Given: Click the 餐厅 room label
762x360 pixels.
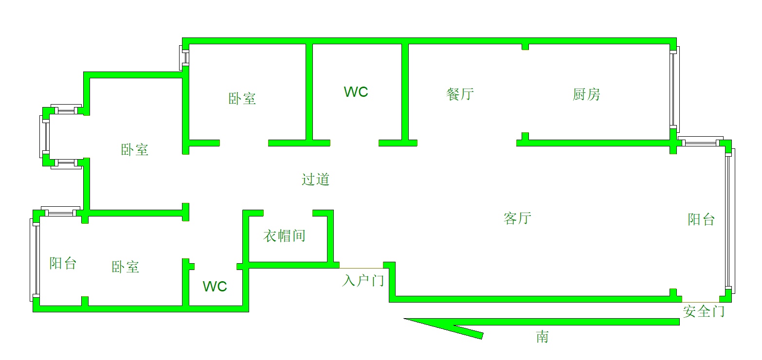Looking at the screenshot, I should point(460,94).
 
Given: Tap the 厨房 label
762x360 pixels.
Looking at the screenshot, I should point(586,94).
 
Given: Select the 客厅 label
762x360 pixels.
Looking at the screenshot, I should point(517,217).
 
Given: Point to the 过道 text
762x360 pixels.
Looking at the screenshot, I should point(316,179).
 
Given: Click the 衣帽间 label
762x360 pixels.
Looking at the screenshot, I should point(284,236).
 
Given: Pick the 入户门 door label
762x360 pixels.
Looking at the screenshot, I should point(363,281).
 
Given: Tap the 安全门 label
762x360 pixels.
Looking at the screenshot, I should point(704,311).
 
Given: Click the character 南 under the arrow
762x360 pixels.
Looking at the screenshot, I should point(543,336).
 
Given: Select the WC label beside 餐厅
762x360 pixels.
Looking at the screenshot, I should point(356,92).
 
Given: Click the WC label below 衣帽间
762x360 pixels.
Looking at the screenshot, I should point(215,287).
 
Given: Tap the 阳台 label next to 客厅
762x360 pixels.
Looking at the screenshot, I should point(701,219).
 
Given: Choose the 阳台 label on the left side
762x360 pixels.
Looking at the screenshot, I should point(63,263).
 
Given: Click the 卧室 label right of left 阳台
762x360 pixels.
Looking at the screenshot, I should point(126,267).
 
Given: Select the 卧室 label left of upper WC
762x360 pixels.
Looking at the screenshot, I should point(242,99).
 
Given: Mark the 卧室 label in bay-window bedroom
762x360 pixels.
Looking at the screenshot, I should point(135,149).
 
